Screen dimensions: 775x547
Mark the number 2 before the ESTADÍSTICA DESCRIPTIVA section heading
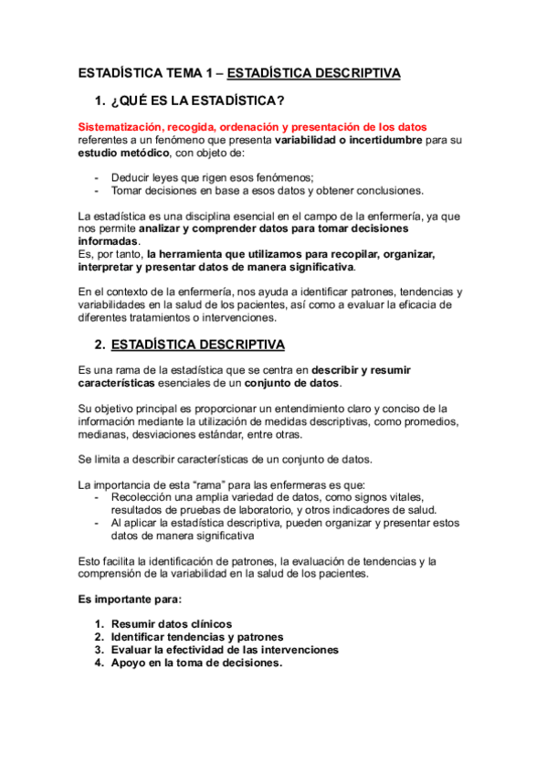coord(99,345)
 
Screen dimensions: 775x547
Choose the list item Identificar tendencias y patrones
coord(196,636)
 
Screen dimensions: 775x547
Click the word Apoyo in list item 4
coord(130,664)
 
